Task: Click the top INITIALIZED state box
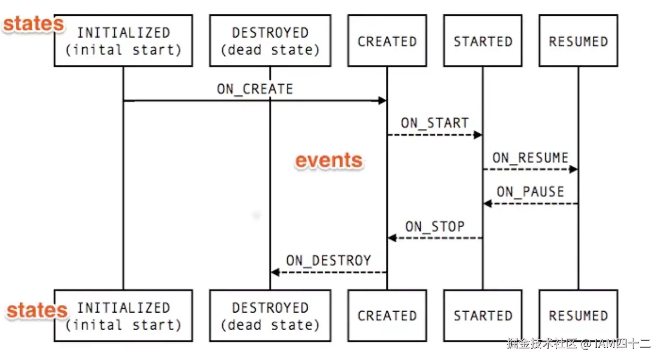[x=123, y=41]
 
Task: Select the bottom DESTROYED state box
[x=270, y=316]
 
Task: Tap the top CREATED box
[x=387, y=41]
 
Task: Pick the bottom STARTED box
[x=483, y=316]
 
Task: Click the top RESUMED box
[x=578, y=41]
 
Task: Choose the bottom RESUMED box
[x=578, y=316]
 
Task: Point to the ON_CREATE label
[x=255, y=89]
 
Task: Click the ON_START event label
[x=434, y=123]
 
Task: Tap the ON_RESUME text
[x=530, y=157]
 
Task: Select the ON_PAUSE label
[x=530, y=191]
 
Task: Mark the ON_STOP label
[x=434, y=226]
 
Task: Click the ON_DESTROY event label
[x=329, y=260]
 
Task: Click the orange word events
[x=329, y=161]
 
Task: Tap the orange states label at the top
[x=33, y=24]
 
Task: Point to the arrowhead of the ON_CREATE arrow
[x=382, y=101]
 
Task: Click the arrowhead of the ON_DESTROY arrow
[x=275, y=273]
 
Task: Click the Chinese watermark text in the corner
[x=578, y=343]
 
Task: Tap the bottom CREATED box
[x=387, y=316]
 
